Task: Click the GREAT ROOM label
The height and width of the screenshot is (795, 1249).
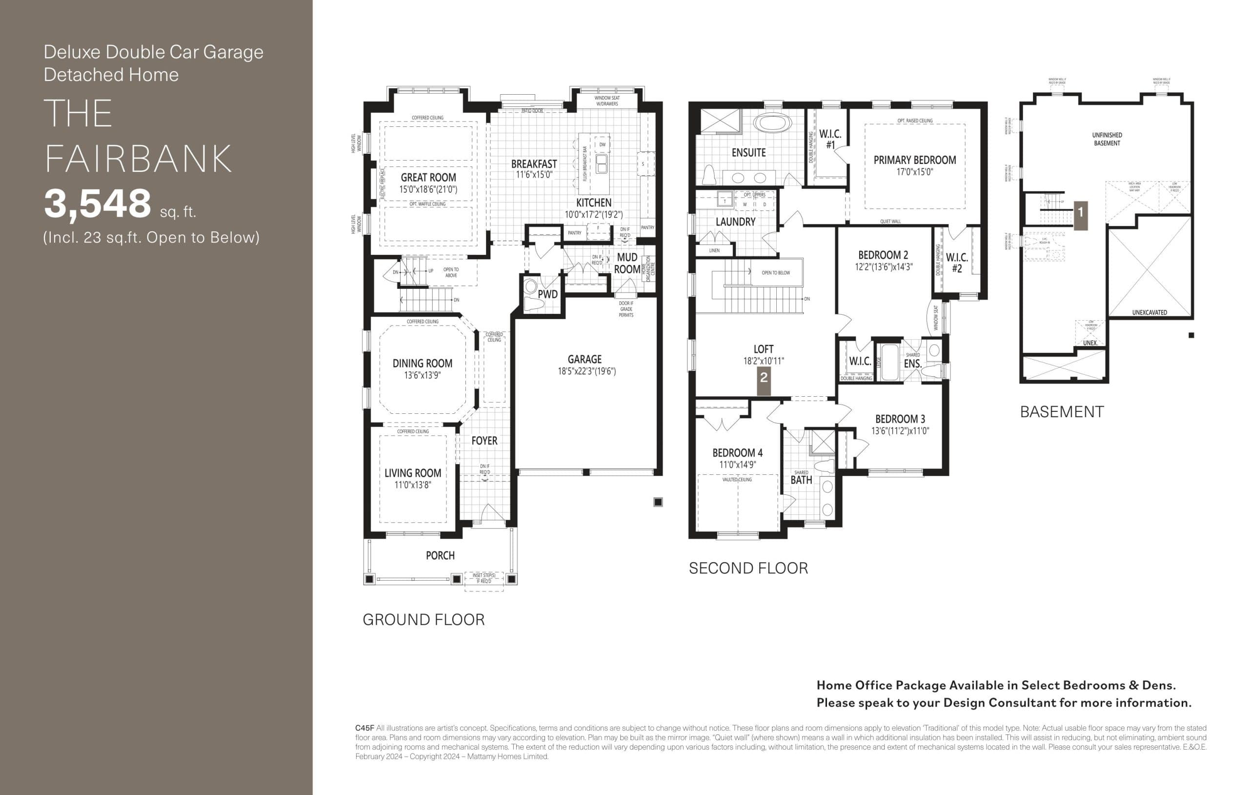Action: coord(428,178)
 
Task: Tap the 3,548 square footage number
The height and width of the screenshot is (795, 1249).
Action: coord(98,204)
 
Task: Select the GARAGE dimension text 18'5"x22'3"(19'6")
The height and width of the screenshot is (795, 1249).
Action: coord(586,371)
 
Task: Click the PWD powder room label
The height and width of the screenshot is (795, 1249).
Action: coord(547,294)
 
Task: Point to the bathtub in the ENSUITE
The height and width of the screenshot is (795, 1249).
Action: coord(772,123)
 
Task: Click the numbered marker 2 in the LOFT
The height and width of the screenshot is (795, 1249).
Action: coord(764,378)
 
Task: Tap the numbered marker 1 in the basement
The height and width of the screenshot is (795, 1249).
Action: coord(1080,212)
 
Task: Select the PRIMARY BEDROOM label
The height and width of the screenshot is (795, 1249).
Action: coord(914,160)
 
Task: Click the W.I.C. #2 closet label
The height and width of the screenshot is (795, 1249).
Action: coord(956,263)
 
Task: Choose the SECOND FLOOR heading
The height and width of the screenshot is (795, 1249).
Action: coord(748,568)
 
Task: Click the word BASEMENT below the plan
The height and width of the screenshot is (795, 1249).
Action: coord(1061,412)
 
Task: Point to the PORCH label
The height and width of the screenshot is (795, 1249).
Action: coord(440,556)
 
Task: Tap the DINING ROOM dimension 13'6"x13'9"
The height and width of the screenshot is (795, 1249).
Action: coord(422,375)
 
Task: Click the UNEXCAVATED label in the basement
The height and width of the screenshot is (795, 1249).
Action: coord(1149,312)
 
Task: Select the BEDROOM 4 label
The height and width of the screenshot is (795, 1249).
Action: coord(737,452)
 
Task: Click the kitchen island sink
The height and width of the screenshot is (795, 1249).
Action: coord(602,163)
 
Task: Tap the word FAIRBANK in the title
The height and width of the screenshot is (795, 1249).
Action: coord(138,159)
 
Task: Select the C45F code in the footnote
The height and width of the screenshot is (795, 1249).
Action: coord(364,728)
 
